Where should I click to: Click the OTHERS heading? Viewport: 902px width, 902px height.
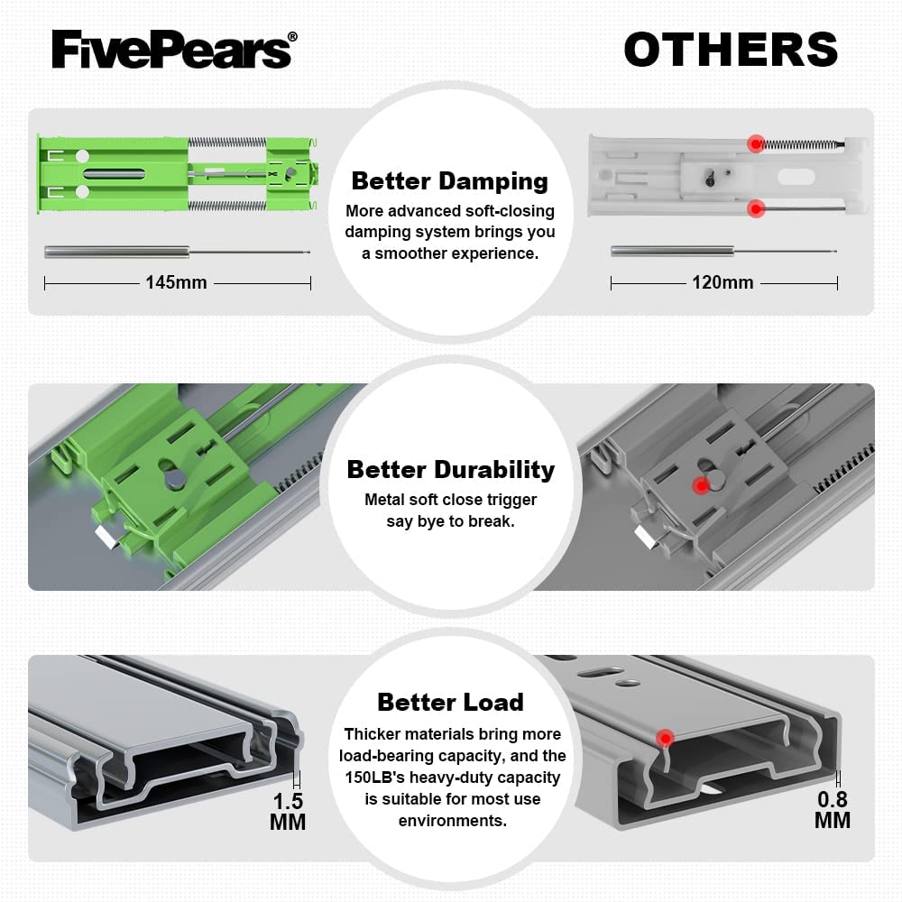point(731,49)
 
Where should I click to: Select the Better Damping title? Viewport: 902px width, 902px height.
point(449,180)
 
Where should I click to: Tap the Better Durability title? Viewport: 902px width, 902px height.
point(450,469)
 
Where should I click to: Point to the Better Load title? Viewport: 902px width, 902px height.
point(450,702)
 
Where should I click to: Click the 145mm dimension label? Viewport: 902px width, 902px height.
point(176,282)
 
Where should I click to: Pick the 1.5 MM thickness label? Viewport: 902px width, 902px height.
point(288,811)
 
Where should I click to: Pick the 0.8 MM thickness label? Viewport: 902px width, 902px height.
point(832,809)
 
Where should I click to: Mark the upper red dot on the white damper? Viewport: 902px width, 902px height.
point(756,143)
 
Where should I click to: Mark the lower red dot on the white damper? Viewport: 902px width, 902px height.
point(757,209)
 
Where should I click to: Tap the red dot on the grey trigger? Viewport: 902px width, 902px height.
point(700,485)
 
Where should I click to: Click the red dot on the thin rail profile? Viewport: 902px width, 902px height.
point(665,739)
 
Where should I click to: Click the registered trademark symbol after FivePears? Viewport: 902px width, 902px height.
point(291,38)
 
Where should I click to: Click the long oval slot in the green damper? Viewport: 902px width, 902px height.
point(115,171)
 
